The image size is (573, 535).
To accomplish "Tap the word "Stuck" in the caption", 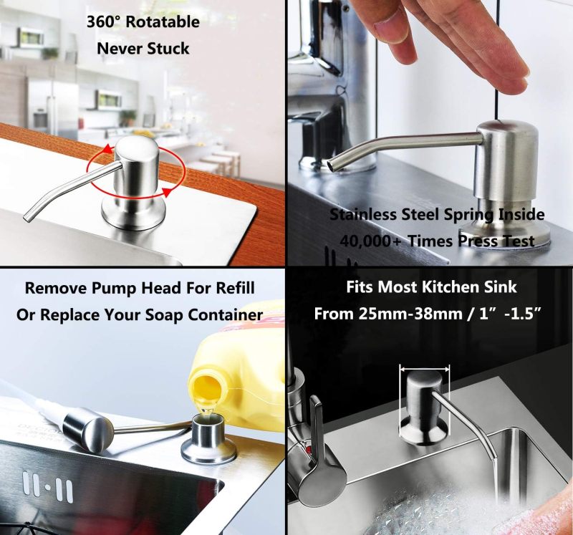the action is point(168,49).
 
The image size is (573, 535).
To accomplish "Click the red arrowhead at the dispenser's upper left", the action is point(106,149).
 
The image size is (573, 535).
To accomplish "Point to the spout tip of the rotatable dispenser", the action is point(27,218).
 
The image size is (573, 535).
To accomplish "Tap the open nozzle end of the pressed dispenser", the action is point(332,165).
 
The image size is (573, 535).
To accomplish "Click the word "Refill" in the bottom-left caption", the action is point(236,288).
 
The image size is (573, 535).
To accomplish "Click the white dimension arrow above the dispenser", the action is point(425,369).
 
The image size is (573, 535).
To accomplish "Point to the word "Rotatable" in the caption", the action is point(163,22).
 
